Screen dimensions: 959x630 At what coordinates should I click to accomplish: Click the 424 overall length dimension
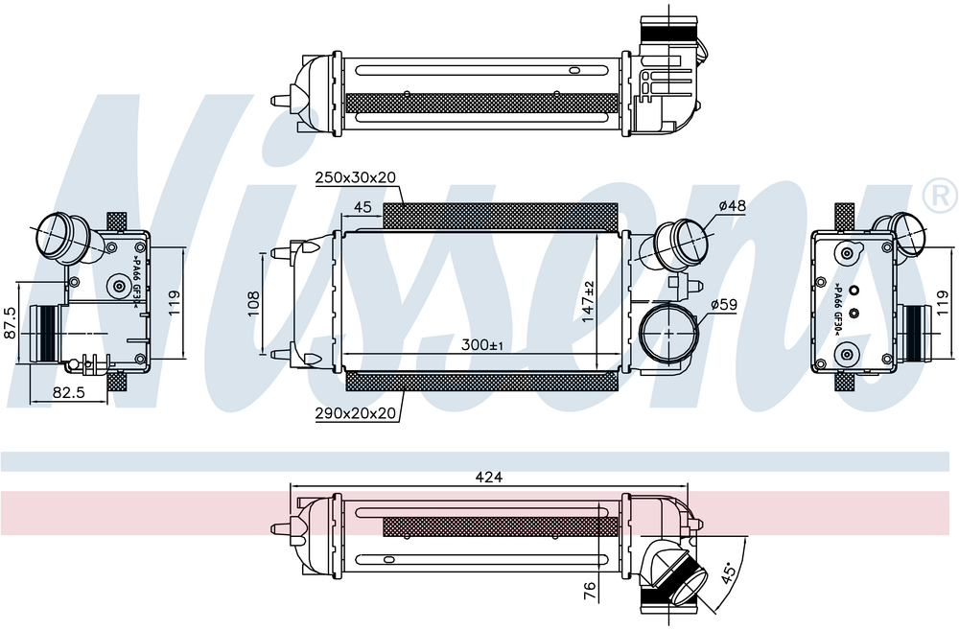489,477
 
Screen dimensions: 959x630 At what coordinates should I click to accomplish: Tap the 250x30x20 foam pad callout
356,177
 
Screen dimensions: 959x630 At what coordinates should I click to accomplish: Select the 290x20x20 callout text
356,413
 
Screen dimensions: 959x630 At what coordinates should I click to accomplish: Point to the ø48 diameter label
732,205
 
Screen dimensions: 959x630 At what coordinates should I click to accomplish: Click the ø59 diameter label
724,305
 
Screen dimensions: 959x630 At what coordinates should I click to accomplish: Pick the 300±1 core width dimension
482,345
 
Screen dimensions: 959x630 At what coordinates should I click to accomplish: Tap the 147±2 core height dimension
588,302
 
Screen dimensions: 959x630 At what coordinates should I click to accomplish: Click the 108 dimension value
253,303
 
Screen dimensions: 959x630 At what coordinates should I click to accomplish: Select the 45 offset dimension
363,207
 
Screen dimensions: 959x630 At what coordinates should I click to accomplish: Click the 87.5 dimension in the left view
11,323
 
